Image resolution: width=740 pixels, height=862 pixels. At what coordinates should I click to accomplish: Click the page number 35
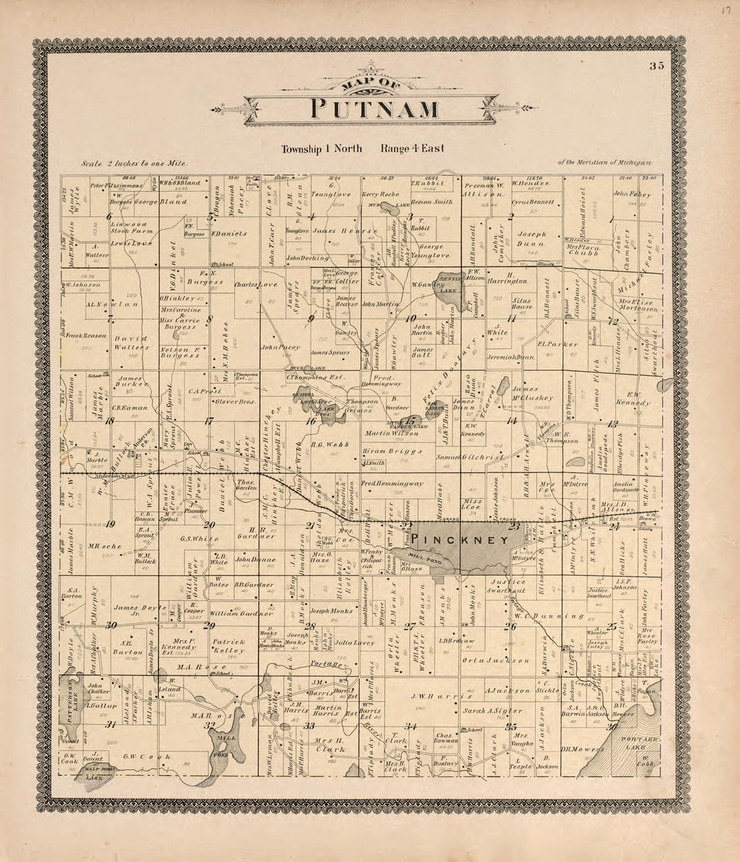657,66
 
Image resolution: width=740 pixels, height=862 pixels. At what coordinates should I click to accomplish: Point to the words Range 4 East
412,149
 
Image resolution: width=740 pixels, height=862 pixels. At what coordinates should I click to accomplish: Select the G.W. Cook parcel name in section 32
145,757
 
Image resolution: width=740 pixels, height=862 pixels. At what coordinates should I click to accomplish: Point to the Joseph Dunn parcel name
531,239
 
